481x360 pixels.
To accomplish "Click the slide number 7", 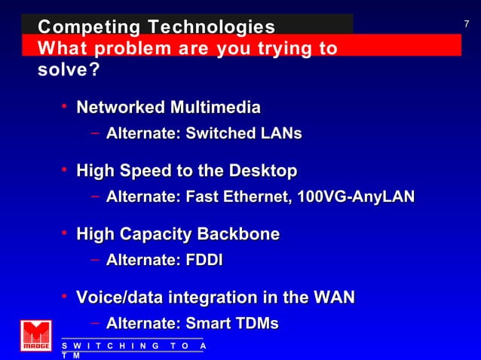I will coord(467,24).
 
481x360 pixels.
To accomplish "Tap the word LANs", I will coord(279,134).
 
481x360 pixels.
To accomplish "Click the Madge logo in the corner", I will coord(36,336).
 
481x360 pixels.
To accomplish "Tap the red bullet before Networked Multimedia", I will coord(66,107).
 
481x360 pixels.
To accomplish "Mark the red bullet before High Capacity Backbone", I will coord(66,234).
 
